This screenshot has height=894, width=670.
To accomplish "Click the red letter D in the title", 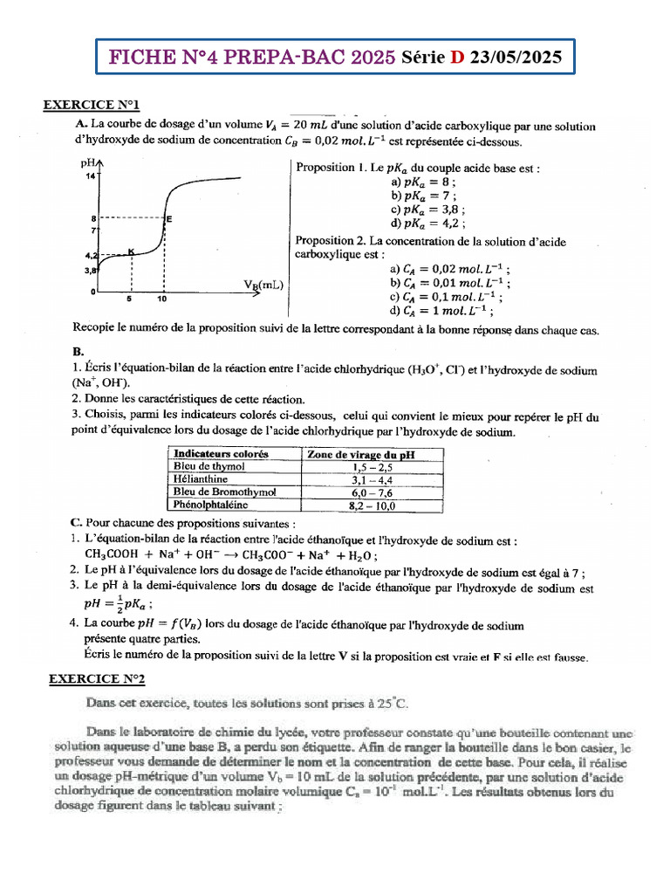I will [457, 59].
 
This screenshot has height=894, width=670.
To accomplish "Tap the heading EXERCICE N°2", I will [95, 677].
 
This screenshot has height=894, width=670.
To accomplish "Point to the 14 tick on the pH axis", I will [89, 177].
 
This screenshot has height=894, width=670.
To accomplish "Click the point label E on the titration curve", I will [168, 219].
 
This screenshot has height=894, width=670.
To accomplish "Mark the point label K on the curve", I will [131, 251].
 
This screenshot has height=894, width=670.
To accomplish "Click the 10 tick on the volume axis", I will [162, 299].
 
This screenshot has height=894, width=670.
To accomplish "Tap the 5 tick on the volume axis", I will [129, 299].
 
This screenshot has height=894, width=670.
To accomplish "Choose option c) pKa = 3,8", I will [427, 210].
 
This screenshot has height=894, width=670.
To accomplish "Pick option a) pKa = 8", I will [422, 182].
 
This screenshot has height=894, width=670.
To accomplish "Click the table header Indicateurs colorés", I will [222, 454].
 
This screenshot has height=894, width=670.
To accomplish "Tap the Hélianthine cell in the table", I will [202, 479].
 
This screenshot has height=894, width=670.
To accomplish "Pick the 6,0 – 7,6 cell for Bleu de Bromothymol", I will [373, 492].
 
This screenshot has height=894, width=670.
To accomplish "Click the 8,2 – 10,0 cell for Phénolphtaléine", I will [373, 505].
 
